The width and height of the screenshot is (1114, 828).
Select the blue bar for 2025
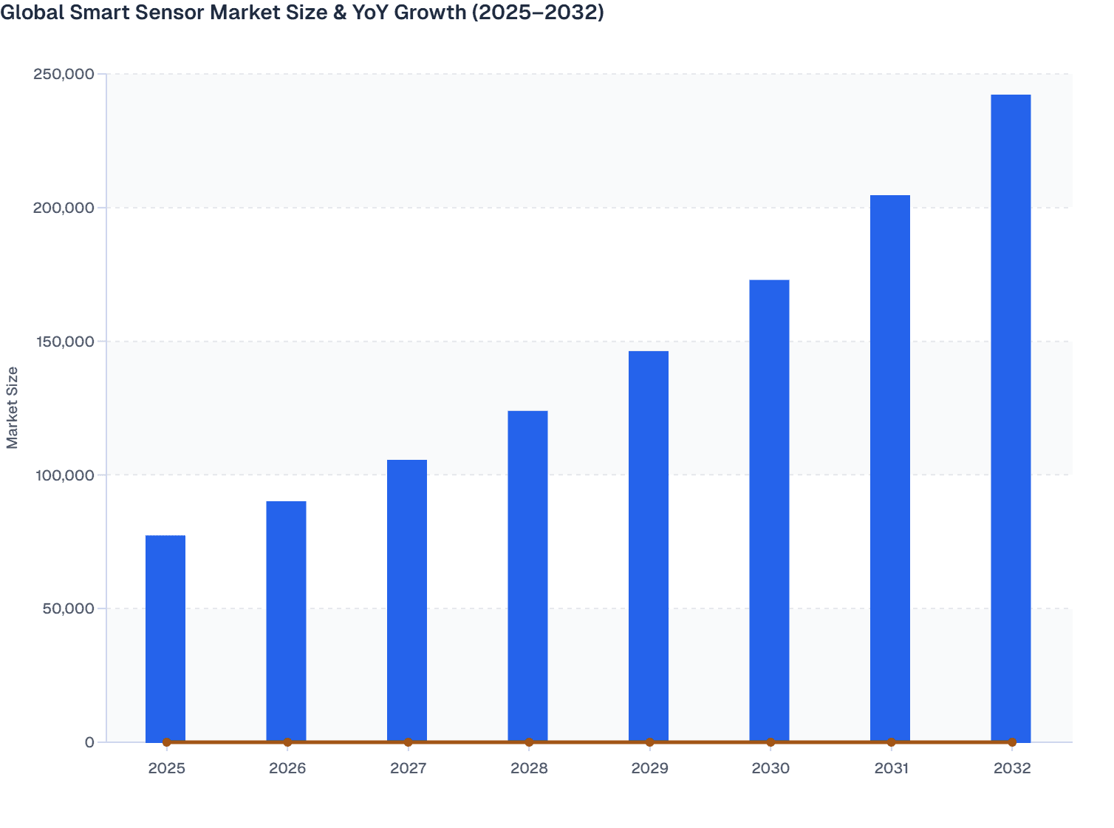(165, 638)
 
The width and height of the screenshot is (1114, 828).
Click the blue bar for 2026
(286, 621)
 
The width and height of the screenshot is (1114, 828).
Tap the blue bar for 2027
(407, 600)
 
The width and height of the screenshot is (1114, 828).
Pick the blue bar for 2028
(527, 576)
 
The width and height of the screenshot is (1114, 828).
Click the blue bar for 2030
(769, 510)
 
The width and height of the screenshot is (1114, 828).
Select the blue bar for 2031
(890, 468)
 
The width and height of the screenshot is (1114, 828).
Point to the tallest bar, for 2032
(1011, 418)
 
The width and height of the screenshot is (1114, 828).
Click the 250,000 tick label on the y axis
(64, 74)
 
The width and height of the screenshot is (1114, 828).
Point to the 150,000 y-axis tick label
(64, 342)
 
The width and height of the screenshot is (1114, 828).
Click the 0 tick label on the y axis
(89, 742)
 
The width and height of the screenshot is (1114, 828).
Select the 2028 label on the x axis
(529, 768)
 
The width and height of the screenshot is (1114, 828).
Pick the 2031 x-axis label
(891, 768)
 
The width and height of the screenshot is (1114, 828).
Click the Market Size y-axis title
(13, 407)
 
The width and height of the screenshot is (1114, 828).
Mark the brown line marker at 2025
(167, 742)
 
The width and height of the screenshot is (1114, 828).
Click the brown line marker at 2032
(1012, 742)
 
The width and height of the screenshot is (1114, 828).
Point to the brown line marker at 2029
(650, 742)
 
